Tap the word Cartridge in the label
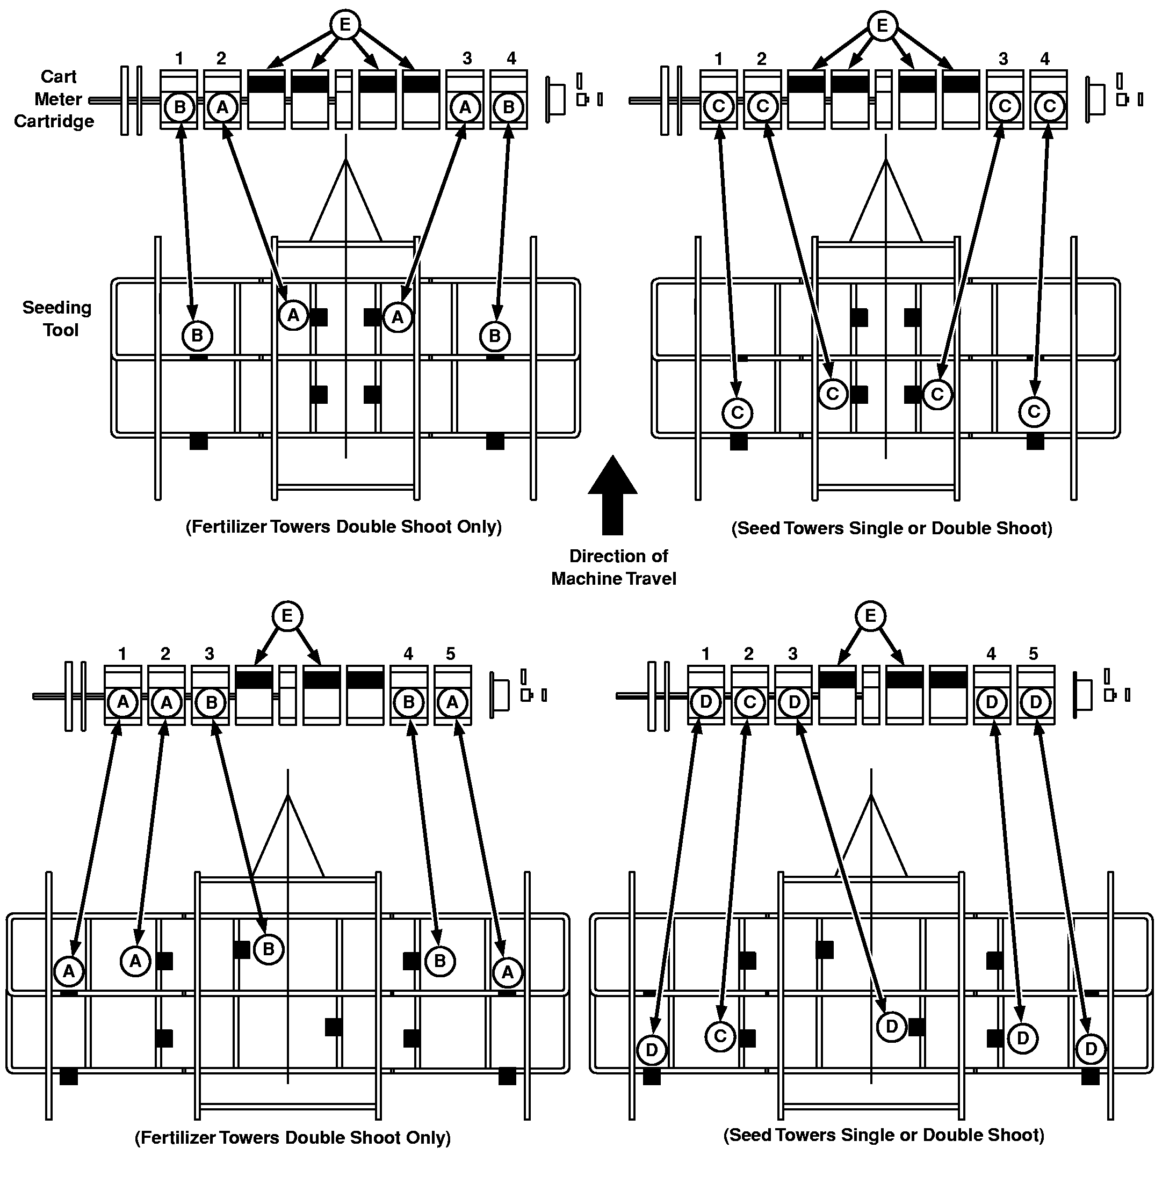point(54,121)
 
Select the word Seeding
point(57,308)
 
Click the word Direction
point(619,556)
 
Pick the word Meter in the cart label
point(57,99)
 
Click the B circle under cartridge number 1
point(179,107)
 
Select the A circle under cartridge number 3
point(465,107)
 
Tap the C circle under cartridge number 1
point(719,106)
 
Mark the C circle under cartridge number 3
point(1005,106)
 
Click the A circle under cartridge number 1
point(123,702)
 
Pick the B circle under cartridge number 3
point(212,702)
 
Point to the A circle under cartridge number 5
point(452,702)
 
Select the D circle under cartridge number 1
point(706,702)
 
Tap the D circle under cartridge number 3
point(794,702)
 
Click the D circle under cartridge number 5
point(1036,702)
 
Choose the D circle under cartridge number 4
point(992,702)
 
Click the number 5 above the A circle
point(451,653)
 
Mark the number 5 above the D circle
point(1034,653)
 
